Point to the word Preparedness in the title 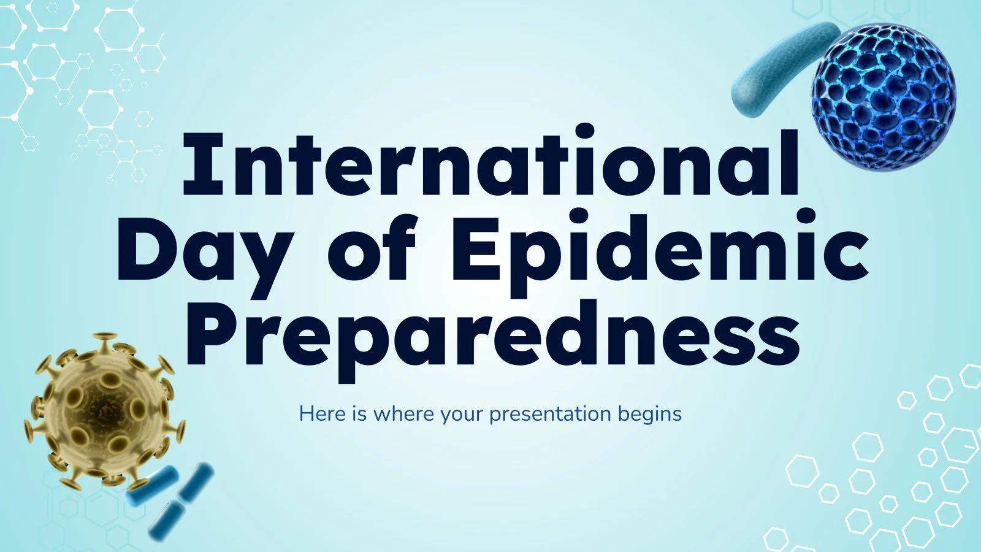click(x=494, y=340)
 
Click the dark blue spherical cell click(x=884, y=98)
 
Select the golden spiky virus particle click(x=104, y=412)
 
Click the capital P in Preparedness click(x=212, y=334)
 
